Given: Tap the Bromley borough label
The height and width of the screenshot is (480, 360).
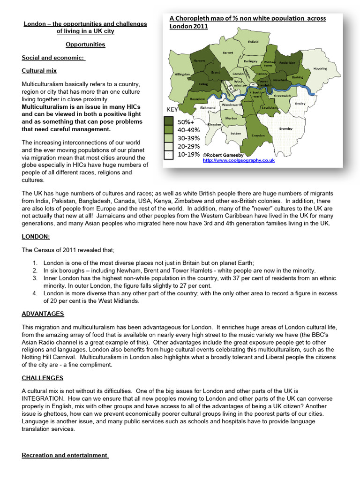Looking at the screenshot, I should (285, 128).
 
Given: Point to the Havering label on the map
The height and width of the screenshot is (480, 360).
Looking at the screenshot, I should (320, 68).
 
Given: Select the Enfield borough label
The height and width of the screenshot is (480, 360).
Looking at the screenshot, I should (253, 42).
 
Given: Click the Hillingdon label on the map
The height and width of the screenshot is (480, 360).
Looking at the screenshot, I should (182, 74).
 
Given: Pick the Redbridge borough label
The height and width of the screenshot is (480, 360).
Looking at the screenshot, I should (287, 62).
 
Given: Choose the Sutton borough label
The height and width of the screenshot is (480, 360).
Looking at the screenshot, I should (235, 134).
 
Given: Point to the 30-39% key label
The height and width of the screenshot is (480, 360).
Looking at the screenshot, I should (187, 138).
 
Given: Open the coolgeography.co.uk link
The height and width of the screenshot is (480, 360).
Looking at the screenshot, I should (239, 160).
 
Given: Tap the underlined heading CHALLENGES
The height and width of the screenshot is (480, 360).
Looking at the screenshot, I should (42, 378).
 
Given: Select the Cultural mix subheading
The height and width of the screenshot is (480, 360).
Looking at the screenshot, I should (39, 71).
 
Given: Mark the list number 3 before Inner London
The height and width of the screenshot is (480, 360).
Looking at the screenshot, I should (35, 278).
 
